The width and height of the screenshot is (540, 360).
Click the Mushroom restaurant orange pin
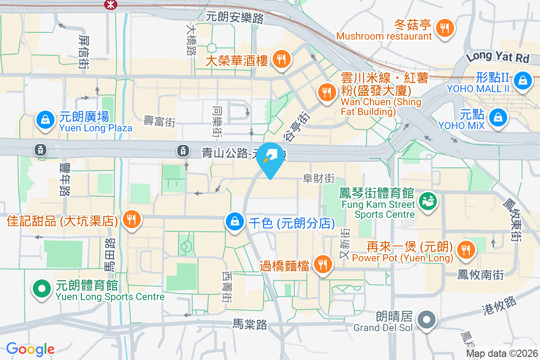[x=445, y=28]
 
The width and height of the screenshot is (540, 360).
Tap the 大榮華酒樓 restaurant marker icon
[x=282, y=59]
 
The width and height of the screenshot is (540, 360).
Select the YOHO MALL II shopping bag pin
[x=523, y=81]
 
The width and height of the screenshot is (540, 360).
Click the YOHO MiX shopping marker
[x=498, y=117]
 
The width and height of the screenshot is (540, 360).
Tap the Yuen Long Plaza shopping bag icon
[x=45, y=120]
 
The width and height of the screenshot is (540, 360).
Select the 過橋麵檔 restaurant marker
[x=322, y=264]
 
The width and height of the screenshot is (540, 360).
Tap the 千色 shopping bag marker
[x=235, y=221]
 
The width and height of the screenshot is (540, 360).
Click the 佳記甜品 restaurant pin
[x=131, y=219]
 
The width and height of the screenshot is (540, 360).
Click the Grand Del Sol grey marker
[x=425, y=320]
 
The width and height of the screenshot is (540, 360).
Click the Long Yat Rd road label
[x=497, y=57]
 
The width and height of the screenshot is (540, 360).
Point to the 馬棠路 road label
[x=250, y=324]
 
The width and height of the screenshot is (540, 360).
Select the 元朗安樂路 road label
[x=234, y=18]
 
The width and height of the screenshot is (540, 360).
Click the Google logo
[x=30, y=349]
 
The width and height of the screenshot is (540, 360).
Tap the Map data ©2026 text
[x=502, y=354]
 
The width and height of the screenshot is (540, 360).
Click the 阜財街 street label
[x=319, y=179]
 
